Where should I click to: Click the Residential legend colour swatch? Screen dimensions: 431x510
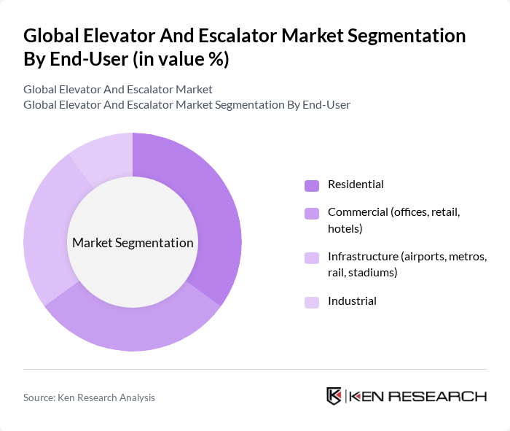pyautogui.click(x=311, y=185)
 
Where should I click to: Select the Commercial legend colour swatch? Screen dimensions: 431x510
pyautogui.click(x=311, y=213)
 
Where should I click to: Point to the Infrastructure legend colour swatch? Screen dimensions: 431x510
pyautogui.click(x=311, y=257)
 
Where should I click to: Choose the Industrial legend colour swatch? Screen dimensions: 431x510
pyautogui.click(x=311, y=302)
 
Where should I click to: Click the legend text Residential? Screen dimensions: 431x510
pyautogui.click(x=356, y=185)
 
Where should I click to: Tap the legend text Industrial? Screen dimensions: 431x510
pyautogui.click(x=352, y=300)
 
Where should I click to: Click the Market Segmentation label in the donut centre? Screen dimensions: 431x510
pyautogui.click(x=133, y=243)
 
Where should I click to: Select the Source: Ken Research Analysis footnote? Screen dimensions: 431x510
pyautogui.click(x=89, y=397)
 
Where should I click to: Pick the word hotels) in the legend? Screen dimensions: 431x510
pyautogui.click(x=345, y=228)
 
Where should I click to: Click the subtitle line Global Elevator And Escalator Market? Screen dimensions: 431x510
pyautogui.click(x=118, y=90)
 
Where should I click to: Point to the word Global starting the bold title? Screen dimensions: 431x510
pyautogui.click(x=50, y=36)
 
